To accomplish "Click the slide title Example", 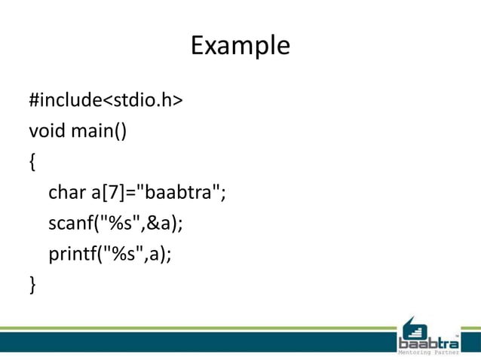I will click(x=240, y=46).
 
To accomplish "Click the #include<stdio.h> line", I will click(x=105, y=100).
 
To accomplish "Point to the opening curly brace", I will click(x=32, y=162).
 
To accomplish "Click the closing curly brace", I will click(x=32, y=284).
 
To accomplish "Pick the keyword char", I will click(x=68, y=193).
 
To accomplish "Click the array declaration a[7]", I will click(x=108, y=193).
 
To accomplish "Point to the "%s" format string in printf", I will click(x=122, y=254).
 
